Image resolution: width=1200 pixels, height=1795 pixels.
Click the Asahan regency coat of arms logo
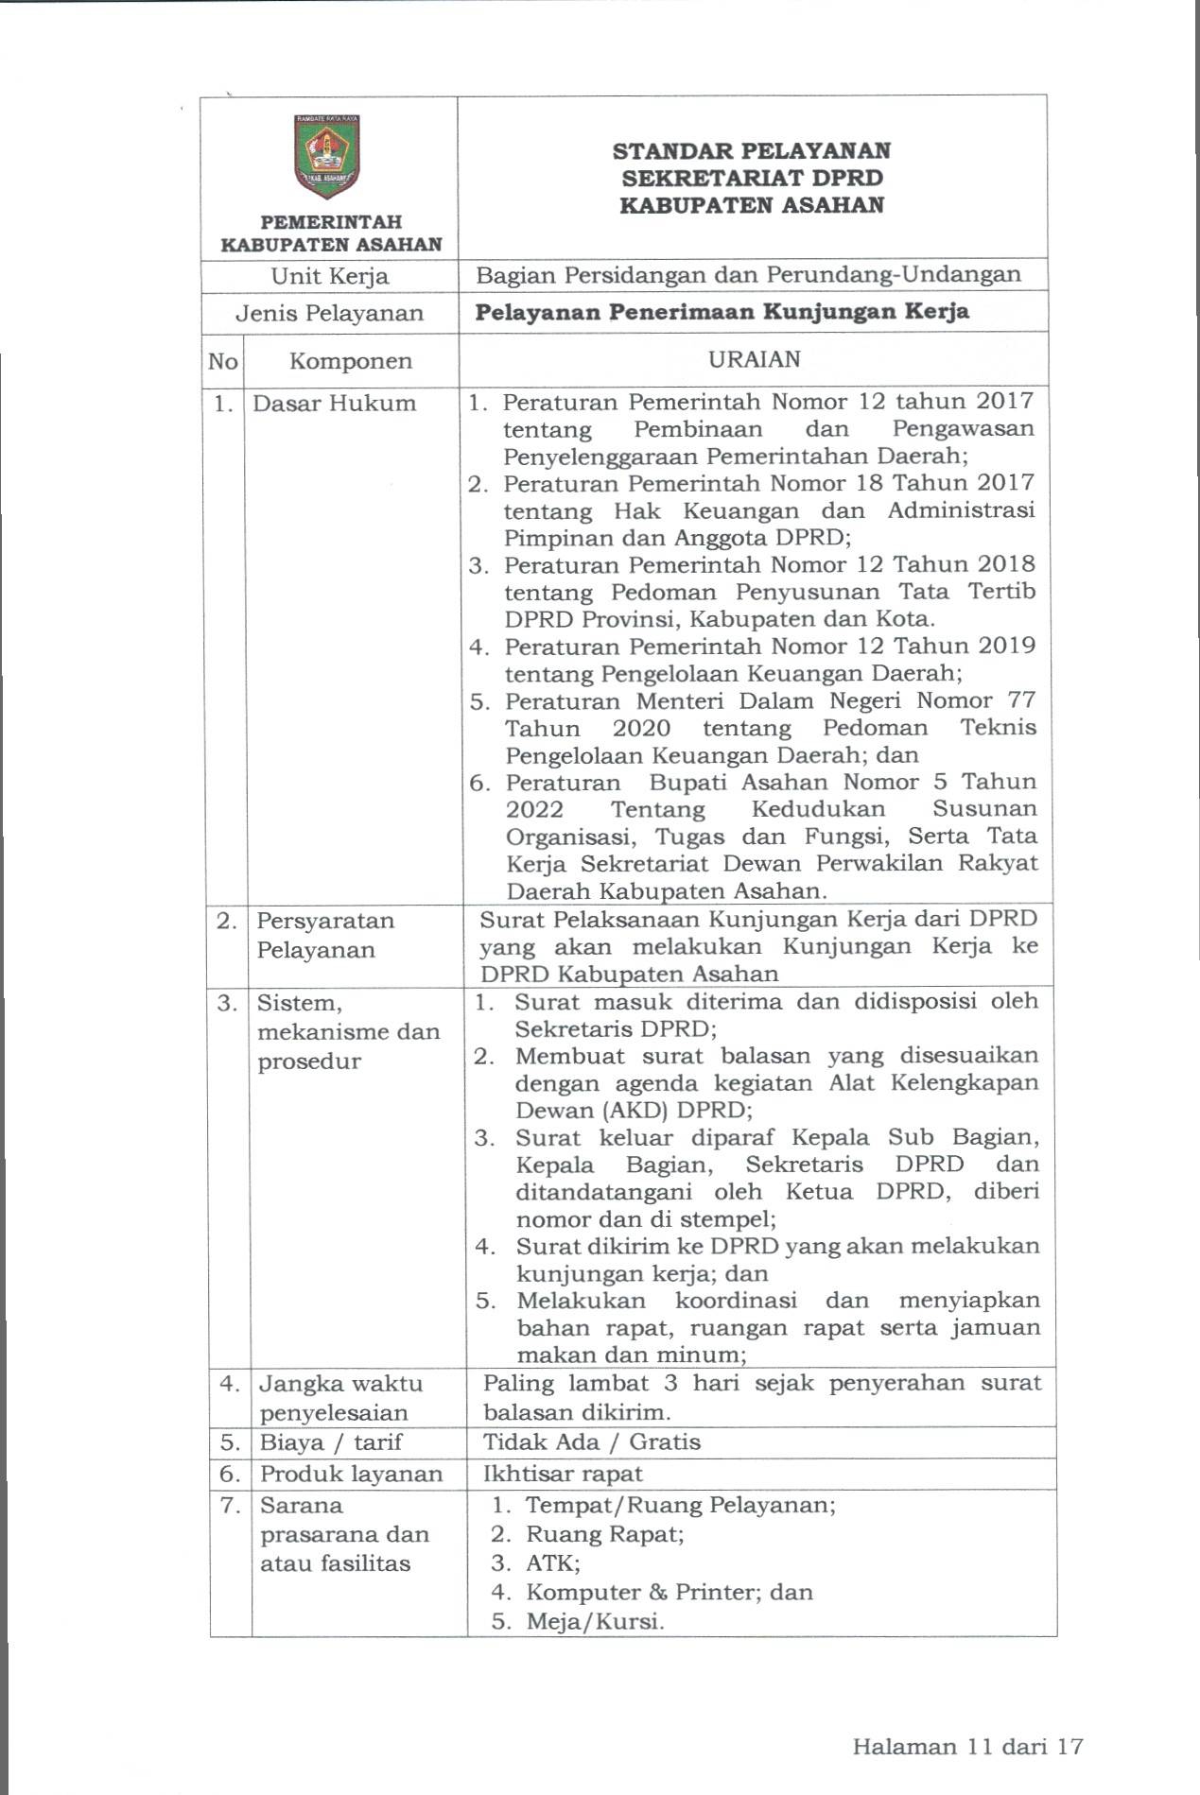[x=327, y=157]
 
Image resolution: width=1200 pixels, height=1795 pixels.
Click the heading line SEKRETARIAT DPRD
[x=752, y=178]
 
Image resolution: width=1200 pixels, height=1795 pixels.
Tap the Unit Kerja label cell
[x=329, y=276]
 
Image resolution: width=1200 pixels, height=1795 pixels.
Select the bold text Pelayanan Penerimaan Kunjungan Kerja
[x=722, y=312]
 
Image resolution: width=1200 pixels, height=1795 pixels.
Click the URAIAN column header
[x=754, y=359]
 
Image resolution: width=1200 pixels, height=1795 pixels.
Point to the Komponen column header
[x=350, y=361]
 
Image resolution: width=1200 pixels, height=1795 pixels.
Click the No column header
[x=223, y=361]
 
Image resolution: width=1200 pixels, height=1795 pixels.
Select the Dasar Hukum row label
[x=334, y=404]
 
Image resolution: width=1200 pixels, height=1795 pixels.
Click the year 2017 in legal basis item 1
[x=1004, y=402]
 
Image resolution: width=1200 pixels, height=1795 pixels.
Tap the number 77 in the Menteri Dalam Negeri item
[x=1017, y=700]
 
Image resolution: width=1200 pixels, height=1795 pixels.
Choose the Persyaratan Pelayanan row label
[x=325, y=935]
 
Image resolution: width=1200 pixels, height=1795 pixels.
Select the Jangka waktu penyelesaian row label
[x=340, y=1398]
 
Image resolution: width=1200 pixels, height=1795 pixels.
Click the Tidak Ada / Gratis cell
[x=591, y=1441]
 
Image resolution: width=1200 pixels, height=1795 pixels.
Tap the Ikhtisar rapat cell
[x=563, y=1474]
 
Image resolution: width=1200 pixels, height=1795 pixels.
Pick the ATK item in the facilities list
[x=552, y=1562]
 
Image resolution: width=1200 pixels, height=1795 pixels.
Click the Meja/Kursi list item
[x=594, y=1621]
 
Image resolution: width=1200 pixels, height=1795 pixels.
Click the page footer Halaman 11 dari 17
[x=966, y=1746]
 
